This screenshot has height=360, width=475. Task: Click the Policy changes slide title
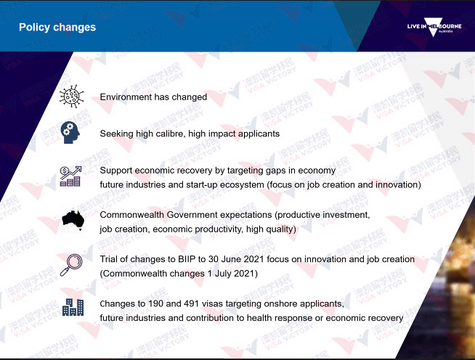[57, 28]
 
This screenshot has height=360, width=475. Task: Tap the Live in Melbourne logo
[434, 27]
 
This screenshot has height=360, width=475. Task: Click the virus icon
[71, 97]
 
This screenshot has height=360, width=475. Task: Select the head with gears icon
[70, 133]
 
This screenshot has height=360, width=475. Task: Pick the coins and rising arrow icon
[70, 176]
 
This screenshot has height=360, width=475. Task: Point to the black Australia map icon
[73, 220]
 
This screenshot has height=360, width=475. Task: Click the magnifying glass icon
[71, 265]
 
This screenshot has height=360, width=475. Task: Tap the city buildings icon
[73, 307]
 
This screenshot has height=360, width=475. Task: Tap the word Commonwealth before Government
[131, 215]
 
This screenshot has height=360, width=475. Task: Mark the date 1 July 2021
[232, 274]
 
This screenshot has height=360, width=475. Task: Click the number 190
[155, 303]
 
